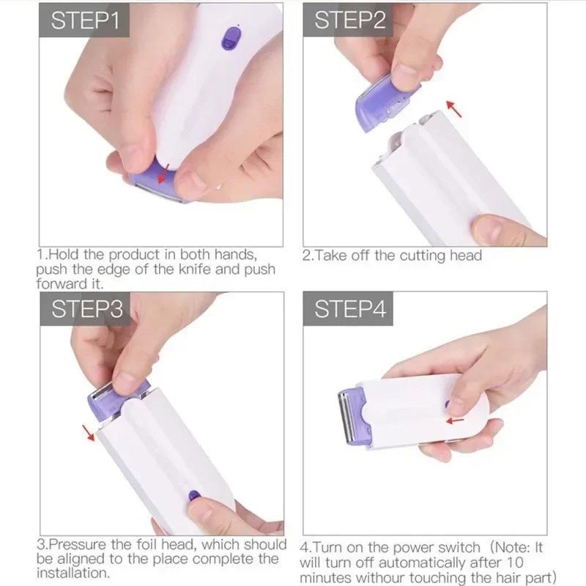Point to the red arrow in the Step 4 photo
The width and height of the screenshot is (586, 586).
(x=456, y=420)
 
